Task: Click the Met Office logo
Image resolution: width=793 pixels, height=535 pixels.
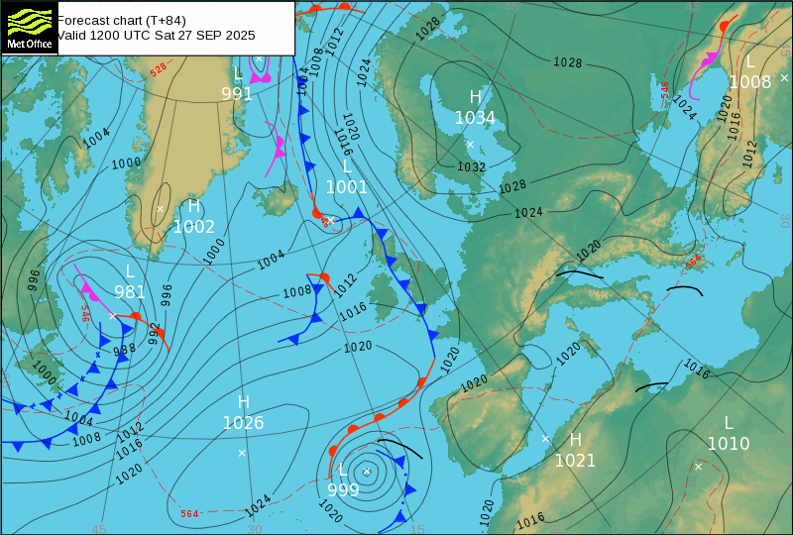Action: [x=30, y=28]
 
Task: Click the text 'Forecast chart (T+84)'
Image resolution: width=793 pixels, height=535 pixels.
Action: [x=122, y=20]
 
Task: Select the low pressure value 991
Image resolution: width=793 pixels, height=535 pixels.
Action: [x=237, y=95]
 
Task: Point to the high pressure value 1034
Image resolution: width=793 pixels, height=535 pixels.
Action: [x=475, y=118]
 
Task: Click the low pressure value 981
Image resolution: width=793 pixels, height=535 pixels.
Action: [x=130, y=292]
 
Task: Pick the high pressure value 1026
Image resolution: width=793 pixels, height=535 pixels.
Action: [x=243, y=424]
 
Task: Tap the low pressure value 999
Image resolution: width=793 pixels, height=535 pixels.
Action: [x=343, y=489]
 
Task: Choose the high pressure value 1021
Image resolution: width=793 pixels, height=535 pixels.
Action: [x=575, y=461]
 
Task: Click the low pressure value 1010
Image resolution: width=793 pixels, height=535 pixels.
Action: [x=728, y=444]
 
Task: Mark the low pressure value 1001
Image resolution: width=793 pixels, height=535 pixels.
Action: [x=347, y=186]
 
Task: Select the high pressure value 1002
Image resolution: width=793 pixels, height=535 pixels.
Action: [x=194, y=227]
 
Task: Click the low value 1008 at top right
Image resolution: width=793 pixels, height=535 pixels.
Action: [x=749, y=82]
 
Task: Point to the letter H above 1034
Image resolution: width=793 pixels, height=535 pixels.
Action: [x=475, y=97]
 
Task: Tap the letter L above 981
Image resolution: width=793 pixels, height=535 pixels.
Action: [x=130, y=271]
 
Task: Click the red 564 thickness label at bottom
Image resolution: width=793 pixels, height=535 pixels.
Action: [x=189, y=513]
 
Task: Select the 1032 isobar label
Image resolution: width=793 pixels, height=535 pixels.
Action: [x=471, y=166]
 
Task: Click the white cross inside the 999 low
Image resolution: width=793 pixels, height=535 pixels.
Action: [x=367, y=472]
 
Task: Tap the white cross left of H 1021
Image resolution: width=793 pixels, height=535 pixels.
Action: [x=545, y=438]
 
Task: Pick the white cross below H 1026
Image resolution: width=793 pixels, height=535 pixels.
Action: [x=242, y=453]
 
